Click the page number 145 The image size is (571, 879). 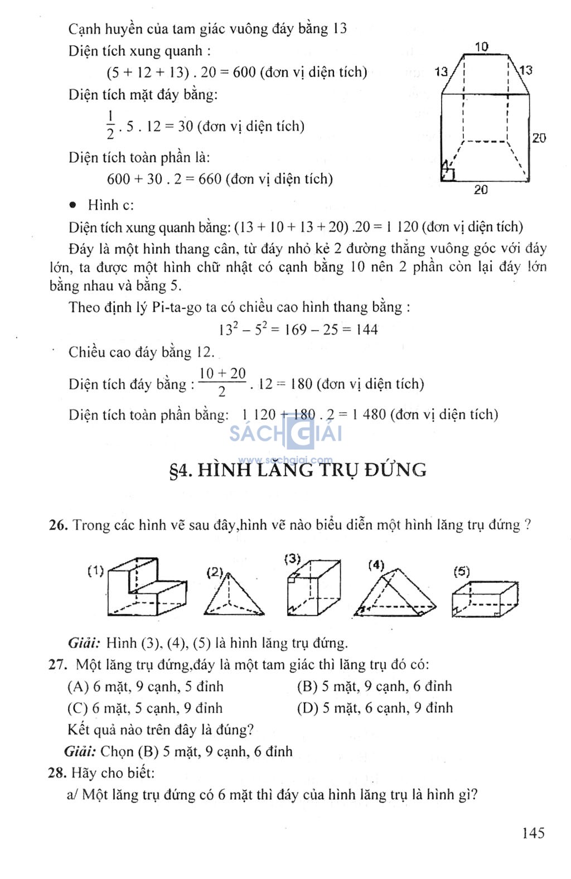tap(533, 833)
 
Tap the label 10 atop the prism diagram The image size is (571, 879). tap(482, 47)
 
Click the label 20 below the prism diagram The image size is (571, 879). tap(481, 190)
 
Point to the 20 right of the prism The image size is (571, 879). tap(539, 138)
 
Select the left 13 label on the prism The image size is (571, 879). tap(441, 72)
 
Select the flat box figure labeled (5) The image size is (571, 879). tap(485, 599)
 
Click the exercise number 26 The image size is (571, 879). tap(57, 525)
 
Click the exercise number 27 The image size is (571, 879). tap(57, 665)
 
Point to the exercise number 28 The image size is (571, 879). tap(57, 773)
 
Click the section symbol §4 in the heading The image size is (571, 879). tap(181, 471)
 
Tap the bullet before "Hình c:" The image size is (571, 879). tap(72, 205)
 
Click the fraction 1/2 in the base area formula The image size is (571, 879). tap(110, 125)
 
